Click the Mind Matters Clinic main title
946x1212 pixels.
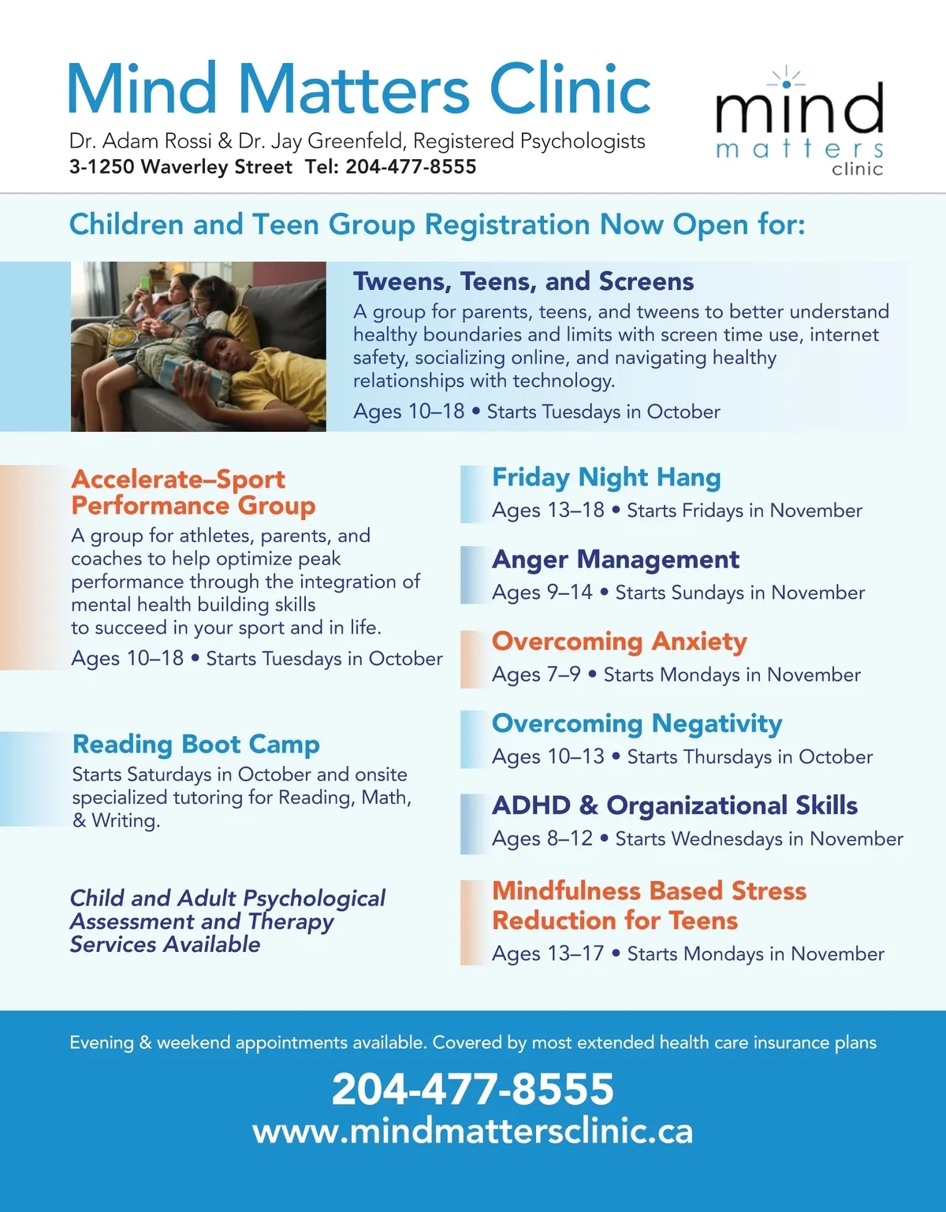point(359,88)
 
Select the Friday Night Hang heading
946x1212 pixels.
point(606,478)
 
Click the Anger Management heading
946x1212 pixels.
point(616,560)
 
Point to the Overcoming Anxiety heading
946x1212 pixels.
point(619,641)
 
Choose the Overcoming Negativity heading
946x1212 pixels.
point(637,723)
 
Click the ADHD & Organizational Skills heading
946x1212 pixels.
point(675,805)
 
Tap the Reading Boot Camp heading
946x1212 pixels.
point(196,744)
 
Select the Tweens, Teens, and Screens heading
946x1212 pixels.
point(523,281)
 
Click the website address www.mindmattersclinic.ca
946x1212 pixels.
point(473,1131)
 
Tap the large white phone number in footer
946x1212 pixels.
point(473,1089)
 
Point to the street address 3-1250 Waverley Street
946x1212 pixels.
point(181,167)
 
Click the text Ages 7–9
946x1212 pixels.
point(536,675)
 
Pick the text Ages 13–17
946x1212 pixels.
point(548,954)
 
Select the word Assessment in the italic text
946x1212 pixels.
point(132,921)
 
